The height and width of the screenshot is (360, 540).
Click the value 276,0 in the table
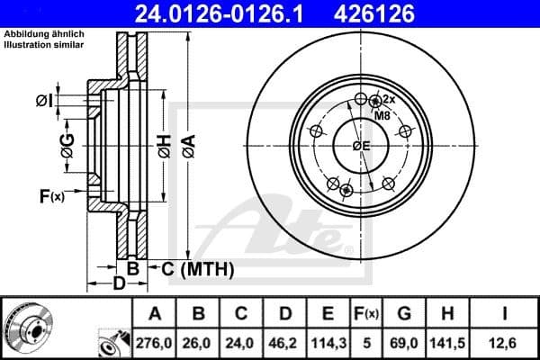154,343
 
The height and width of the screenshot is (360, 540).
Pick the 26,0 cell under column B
197,343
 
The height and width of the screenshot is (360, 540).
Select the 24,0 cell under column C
240,343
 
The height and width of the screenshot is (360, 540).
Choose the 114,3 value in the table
328,343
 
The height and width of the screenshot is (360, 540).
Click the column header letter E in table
328,314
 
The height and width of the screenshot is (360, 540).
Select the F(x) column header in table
365,314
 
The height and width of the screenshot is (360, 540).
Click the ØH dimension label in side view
163,147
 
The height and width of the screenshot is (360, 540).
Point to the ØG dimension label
67,143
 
